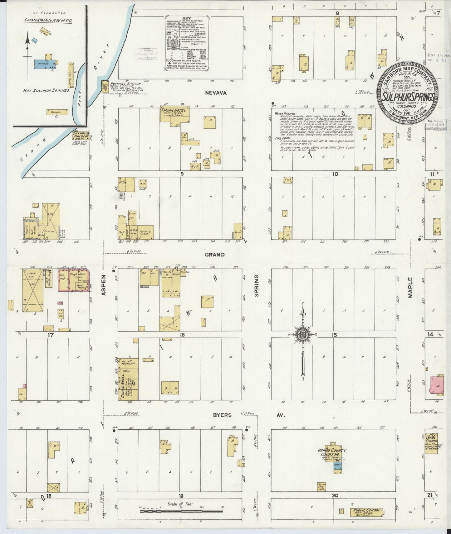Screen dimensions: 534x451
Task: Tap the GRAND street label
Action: pyautogui.click(x=214, y=255)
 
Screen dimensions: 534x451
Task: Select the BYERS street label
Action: pyautogui.click(x=222, y=415)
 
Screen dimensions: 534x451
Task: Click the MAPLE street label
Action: pyautogui.click(x=410, y=288)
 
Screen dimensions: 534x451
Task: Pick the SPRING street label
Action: pyautogui.click(x=257, y=285)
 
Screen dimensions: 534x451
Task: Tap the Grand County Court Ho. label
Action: pyautogui.click(x=332, y=452)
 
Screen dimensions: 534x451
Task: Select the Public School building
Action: pyautogui.click(x=366, y=512)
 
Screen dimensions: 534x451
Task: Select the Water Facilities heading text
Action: pyautogui.click(x=285, y=114)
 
